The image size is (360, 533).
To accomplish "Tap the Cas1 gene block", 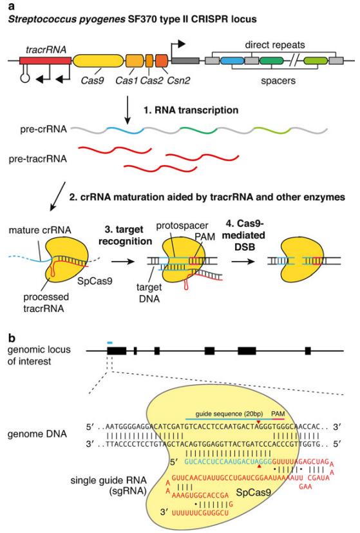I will (134, 61).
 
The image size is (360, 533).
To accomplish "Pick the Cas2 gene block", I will (149, 61).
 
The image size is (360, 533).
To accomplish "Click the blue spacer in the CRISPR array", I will (231, 61).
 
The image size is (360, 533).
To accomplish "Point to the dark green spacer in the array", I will (271, 61).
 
